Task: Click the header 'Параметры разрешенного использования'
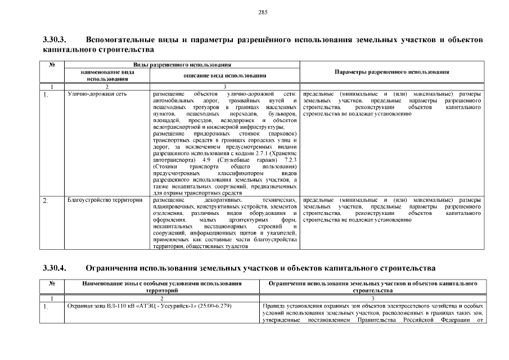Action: point(391,73)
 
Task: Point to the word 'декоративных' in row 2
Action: point(223,200)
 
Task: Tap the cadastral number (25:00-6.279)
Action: point(214,306)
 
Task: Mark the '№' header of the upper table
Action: point(52,65)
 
